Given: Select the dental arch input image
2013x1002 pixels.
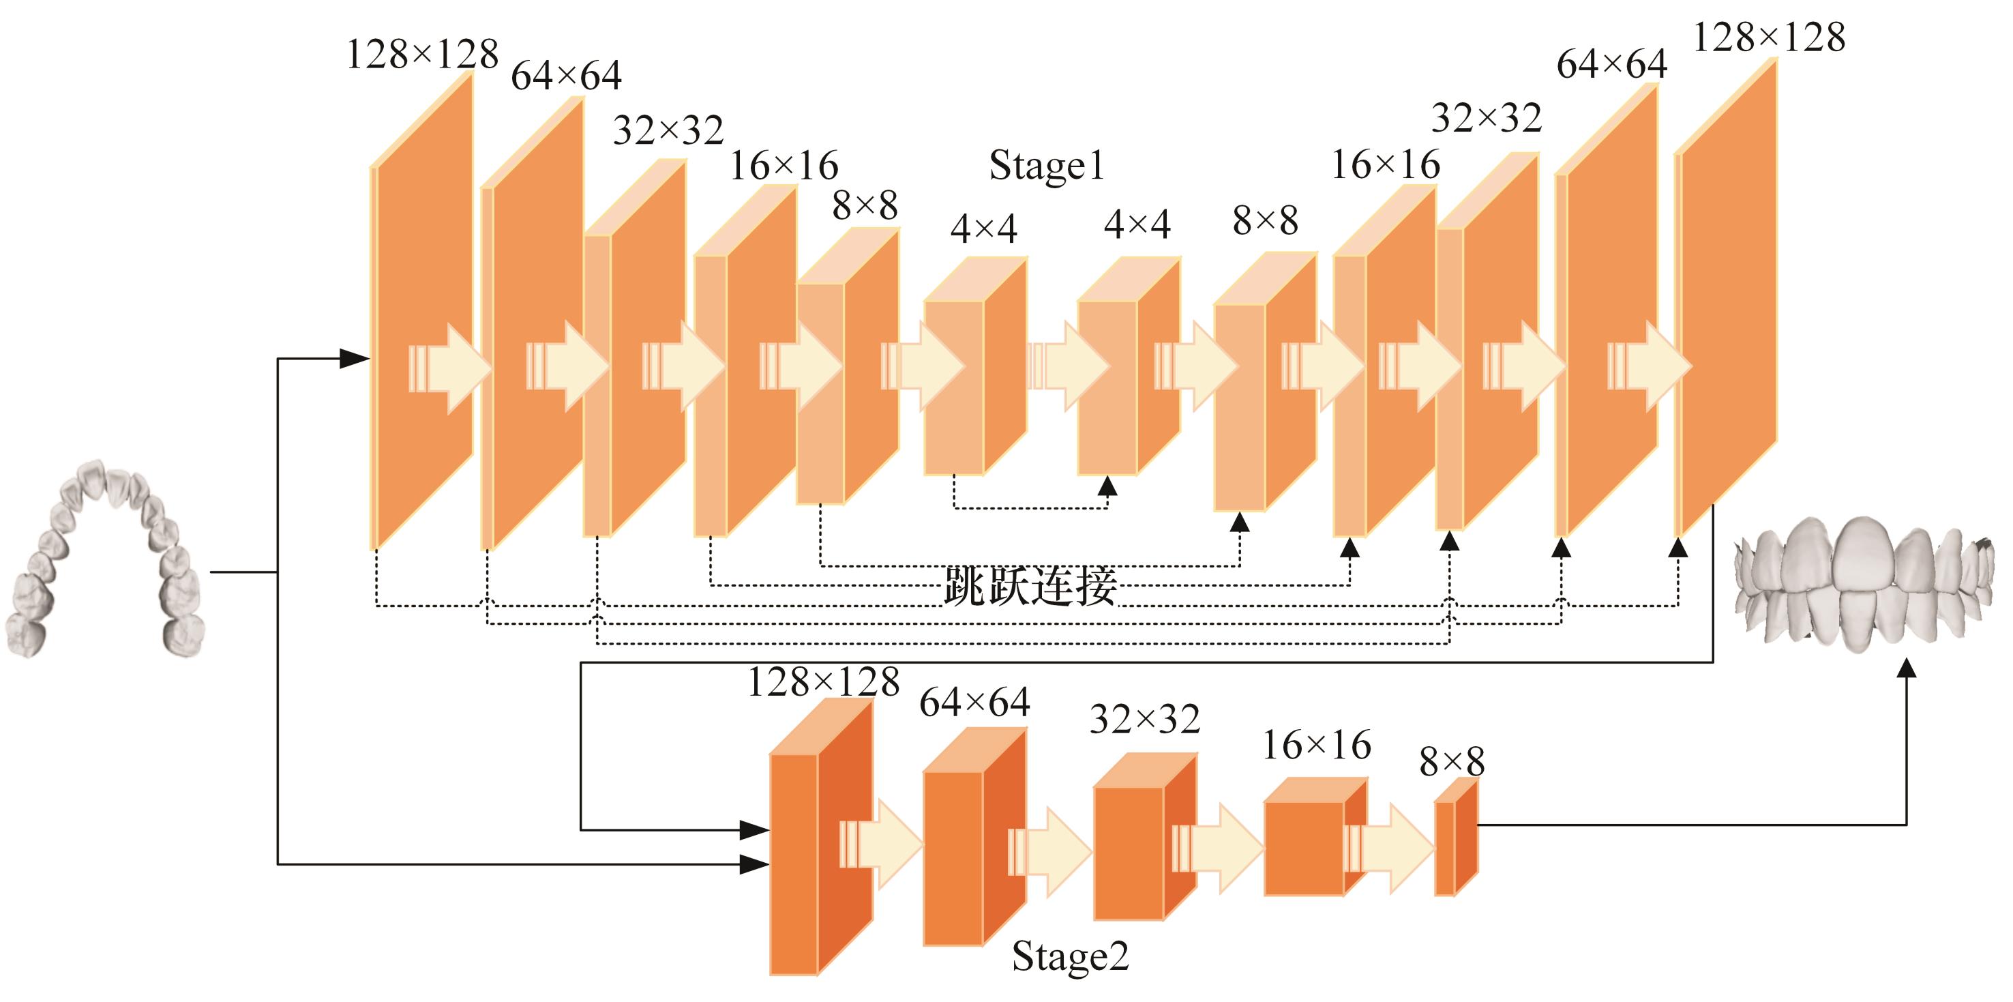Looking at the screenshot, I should (106, 559).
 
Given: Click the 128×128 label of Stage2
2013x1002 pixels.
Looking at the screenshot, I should (823, 682).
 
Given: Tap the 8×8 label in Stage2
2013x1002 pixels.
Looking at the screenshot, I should (1451, 762).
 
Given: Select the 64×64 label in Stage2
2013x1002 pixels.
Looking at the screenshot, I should (974, 703).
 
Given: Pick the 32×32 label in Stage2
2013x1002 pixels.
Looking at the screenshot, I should (1144, 720).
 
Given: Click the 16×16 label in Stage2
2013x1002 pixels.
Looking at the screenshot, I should (1316, 746).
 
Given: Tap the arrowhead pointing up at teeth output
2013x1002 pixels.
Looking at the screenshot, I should (1907, 668).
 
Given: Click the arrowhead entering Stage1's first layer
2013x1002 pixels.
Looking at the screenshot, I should (355, 359).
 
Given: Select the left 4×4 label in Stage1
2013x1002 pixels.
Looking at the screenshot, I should (983, 229).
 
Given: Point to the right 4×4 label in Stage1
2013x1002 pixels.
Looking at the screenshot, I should (1136, 225).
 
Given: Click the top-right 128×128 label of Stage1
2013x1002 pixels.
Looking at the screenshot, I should (1768, 38).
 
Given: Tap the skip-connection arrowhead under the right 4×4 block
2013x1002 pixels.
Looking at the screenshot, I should (1107, 486).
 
